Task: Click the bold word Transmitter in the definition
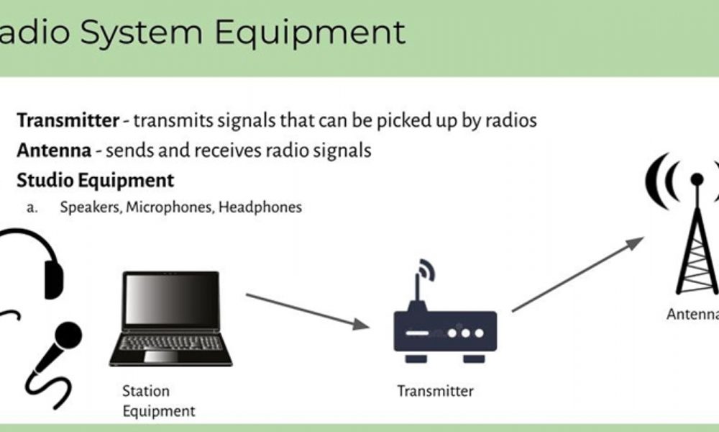pyautogui.click(x=68, y=121)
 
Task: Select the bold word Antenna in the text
pyautogui.click(x=54, y=150)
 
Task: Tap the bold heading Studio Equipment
pyautogui.click(x=96, y=181)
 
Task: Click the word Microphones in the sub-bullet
pyautogui.click(x=170, y=207)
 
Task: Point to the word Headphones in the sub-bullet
pyautogui.click(x=260, y=207)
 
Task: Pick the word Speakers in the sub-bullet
pyautogui.click(x=91, y=207)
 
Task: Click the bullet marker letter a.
pyautogui.click(x=32, y=208)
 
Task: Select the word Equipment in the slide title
pyautogui.click(x=310, y=32)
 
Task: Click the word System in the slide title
pyautogui.click(x=142, y=32)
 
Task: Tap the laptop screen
pyautogui.click(x=171, y=300)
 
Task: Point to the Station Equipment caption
pyautogui.click(x=159, y=401)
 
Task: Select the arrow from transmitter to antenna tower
pyautogui.click(x=578, y=274)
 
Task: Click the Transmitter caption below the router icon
pyautogui.click(x=435, y=391)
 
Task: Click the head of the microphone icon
pyautogui.click(x=68, y=334)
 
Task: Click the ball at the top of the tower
pyautogui.click(x=697, y=179)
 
